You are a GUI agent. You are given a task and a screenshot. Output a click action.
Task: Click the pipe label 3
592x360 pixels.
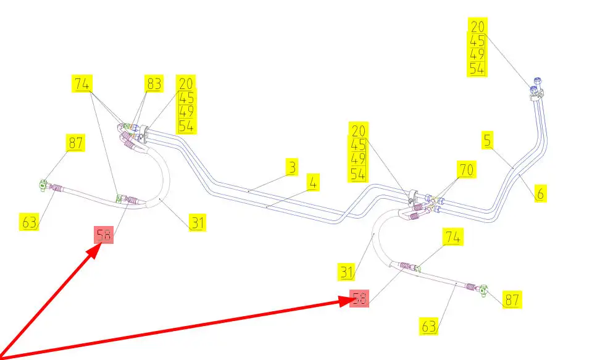pyautogui.click(x=291, y=167)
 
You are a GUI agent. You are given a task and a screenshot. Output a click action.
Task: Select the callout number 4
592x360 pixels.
pyautogui.click(x=314, y=183)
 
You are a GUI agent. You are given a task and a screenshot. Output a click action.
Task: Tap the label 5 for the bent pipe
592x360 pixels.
pyautogui.click(x=488, y=141)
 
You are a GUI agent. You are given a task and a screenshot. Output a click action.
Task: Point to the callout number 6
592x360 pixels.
pyautogui.click(x=540, y=193)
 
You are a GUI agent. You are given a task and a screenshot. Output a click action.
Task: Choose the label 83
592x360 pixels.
pyautogui.click(x=154, y=83)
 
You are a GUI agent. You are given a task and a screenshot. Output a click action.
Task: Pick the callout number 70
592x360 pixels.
pyautogui.click(x=467, y=169)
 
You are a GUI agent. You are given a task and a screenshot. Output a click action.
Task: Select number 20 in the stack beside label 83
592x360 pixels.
pyautogui.click(x=186, y=83)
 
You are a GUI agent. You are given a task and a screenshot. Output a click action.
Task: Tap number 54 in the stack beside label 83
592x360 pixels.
pyautogui.click(x=186, y=126)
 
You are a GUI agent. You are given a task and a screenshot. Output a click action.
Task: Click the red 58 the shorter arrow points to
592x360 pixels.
pyautogui.click(x=104, y=235)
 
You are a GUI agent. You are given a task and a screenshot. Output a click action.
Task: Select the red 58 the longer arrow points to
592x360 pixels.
pyautogui.click(x=359, y=299)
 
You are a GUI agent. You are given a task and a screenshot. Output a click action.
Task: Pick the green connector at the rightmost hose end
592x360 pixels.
pyautogui.click(x=484, y=289)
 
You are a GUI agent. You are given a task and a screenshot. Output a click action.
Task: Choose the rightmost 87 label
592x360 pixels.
pyautogui.click(x=512, y=300)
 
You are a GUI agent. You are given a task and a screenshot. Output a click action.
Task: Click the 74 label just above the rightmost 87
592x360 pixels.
pyautogui.click(x=454, y=237)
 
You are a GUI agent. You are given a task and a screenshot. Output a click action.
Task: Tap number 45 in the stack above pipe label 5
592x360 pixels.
pyautogui.click(x=477, y=41)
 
